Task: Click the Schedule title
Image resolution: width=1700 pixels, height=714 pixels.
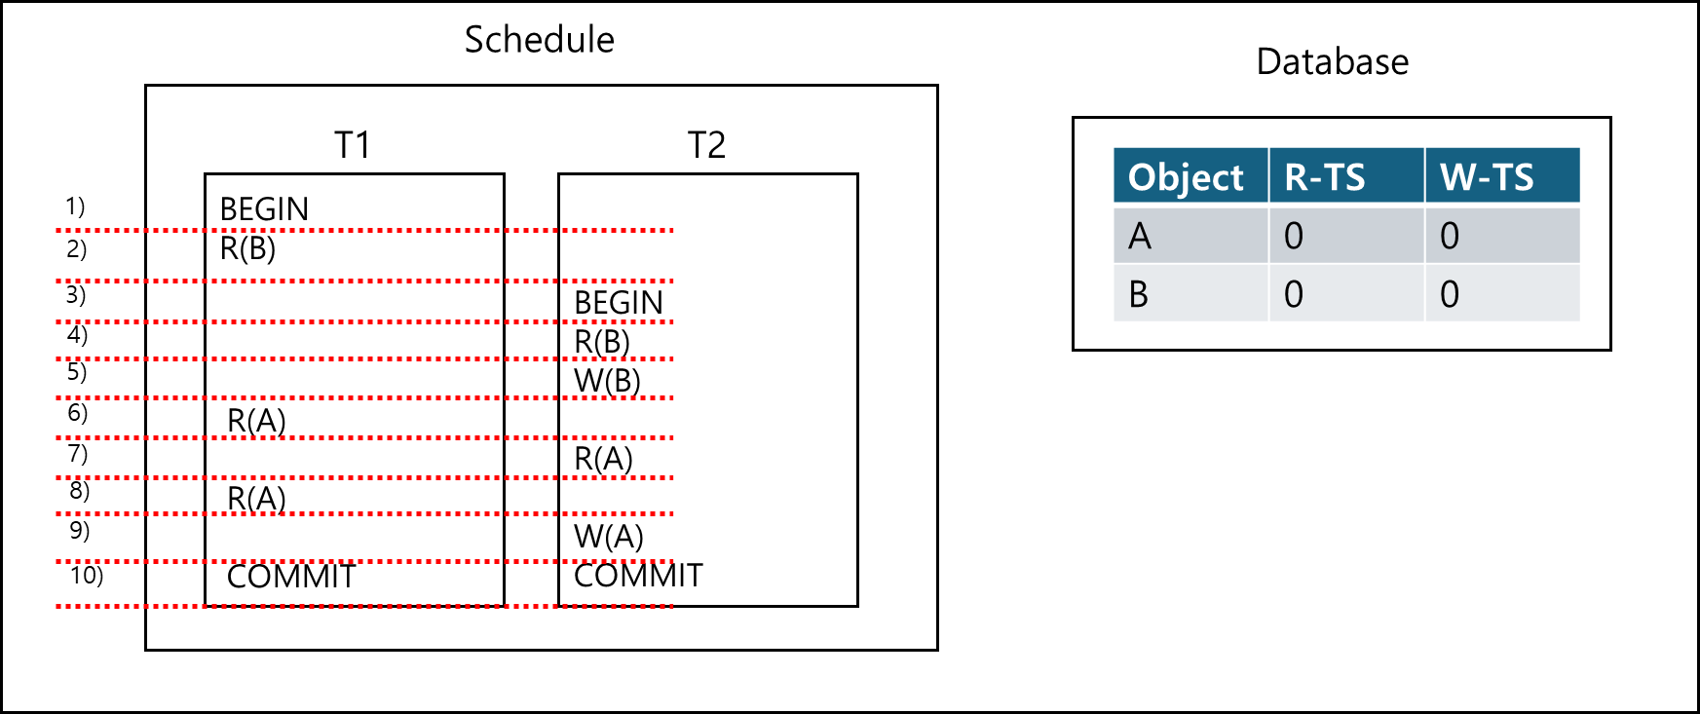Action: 539,40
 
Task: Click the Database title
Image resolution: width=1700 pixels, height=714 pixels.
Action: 1332,62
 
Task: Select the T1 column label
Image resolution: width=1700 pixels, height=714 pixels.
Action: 353,145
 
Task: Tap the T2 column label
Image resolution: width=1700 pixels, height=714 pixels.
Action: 706,145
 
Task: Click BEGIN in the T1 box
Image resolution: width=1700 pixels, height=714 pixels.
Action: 264,209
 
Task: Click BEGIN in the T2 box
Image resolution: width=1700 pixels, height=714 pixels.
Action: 619,303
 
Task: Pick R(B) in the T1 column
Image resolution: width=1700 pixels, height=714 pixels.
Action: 247,249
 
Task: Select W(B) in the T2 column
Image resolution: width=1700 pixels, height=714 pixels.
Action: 607,381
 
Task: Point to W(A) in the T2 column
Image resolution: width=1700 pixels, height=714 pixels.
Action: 608,537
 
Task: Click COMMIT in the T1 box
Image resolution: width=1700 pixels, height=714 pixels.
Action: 291,577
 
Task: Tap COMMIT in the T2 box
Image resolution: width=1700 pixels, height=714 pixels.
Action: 638,576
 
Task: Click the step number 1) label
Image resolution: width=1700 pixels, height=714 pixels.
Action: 75,207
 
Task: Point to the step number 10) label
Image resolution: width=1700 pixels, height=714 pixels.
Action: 86,575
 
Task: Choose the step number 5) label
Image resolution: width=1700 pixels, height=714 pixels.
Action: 76,372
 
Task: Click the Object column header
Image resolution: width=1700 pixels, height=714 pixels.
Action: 1186,177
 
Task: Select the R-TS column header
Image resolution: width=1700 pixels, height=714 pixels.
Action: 1325,177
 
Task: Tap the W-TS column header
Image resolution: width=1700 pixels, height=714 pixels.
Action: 1487,177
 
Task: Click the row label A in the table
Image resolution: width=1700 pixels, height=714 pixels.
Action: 1140,236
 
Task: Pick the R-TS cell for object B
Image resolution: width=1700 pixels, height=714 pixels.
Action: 1293,294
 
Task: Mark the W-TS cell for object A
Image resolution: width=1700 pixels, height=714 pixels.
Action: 1450,236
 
